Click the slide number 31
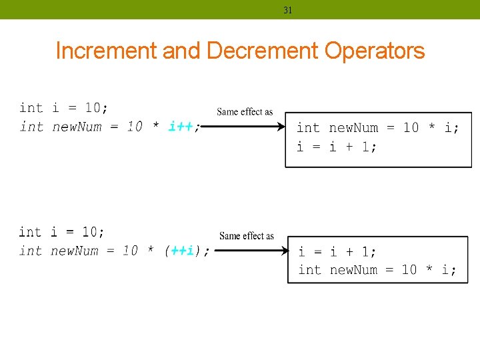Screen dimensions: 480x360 (288, 10)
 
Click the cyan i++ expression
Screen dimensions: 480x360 (181, 127)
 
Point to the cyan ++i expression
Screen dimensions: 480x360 (183, 251)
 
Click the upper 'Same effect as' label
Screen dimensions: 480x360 (245, 111)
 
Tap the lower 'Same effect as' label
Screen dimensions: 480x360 (247, 235)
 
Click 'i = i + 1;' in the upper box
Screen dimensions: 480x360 (337, 146)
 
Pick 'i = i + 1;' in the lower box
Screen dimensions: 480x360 (337, 252)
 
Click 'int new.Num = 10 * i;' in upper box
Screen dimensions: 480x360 (377, 127)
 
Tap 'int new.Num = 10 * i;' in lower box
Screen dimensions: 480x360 (377, 270)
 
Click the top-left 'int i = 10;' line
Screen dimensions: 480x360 (64, 108)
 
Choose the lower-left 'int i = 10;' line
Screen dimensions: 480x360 (62, 232)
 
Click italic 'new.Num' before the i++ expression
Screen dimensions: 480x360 (75, 127)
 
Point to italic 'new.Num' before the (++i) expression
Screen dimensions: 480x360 (75, 251)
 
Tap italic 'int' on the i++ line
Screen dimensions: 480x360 (31, 127)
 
